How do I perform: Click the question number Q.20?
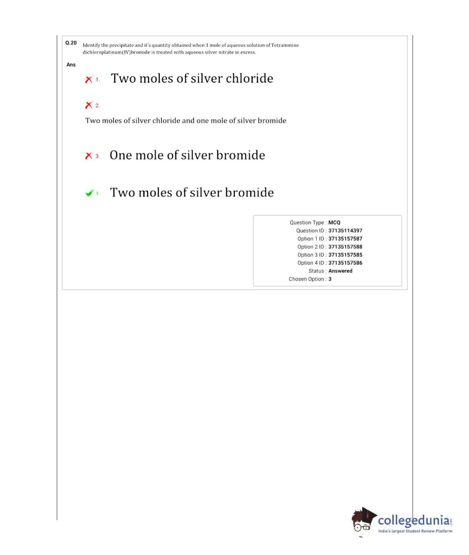[71, 43]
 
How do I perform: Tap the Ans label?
[71, 65]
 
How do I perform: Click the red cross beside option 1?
[89, 79]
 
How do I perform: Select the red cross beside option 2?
[89, 105]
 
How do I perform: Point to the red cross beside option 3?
[89, 156]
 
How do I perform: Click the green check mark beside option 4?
[89, 193]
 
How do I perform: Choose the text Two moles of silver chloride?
[192, 78]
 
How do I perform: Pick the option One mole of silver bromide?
[187, 155]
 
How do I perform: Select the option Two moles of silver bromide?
[192, 192]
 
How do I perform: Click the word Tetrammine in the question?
[285, 45]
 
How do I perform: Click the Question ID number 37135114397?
[345, 231]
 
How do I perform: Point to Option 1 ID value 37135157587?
[345, 239]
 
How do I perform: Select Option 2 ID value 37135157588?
[345, 247]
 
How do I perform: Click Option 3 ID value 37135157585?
[345, 255]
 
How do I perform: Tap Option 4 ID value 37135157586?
[345, 263]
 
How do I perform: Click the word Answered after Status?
[340, 271]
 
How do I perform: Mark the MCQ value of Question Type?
[334, 223]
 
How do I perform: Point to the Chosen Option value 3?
[330, 279]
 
